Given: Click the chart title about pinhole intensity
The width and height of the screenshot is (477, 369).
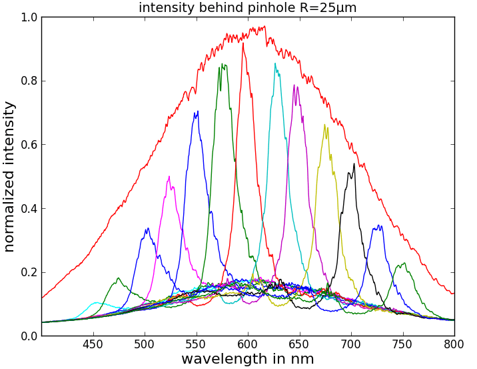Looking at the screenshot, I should [x=247, y=8].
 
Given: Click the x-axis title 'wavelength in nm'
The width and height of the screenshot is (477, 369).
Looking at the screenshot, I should [x=247, y=359].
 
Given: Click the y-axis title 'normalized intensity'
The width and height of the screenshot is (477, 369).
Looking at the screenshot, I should [x=9, y=176].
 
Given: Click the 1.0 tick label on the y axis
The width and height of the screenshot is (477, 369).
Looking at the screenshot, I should [x=29, y=17].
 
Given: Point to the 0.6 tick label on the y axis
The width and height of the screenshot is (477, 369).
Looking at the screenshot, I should [x=29, y=145].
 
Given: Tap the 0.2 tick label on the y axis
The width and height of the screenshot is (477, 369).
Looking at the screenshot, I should [x=29, y=272].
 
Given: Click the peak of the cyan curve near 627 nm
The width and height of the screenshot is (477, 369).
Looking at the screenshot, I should [x=275, y=64].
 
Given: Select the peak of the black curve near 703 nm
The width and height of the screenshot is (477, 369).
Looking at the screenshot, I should [x=354, y=164].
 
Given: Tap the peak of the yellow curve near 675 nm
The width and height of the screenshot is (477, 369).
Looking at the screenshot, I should [x=324, y=125].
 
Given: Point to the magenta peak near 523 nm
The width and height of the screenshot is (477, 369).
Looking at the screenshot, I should [x=169, y=177].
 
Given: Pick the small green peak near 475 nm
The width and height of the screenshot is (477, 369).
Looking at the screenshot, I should [x=118, y=278].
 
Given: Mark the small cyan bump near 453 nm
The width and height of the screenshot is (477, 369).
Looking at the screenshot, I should [x=96, y=303].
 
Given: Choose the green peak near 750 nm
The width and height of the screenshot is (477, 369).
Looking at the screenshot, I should [x=403, y=263].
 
